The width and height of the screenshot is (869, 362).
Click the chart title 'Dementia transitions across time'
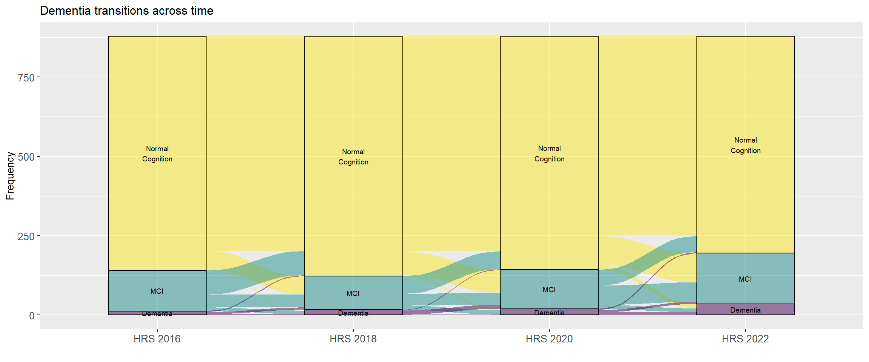coord(127,11)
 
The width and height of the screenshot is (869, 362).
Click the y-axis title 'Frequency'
coord(10,176)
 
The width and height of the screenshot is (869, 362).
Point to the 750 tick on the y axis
coord(26,78)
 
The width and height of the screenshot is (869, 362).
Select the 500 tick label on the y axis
coord(26,157)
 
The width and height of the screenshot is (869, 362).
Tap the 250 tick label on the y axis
coord(26,236)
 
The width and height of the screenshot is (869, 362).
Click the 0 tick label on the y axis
coord(32,316)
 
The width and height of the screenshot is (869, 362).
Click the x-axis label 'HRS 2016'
coord(157,339)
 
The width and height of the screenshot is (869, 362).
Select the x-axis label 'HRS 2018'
coord(353,339)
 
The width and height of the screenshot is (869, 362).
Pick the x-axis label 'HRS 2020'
coord(549,339)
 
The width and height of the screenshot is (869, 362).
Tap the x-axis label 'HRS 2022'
coord(745,339)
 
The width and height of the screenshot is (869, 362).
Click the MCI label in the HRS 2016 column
coord(157,291)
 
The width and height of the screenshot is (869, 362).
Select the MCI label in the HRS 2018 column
coord(353,294)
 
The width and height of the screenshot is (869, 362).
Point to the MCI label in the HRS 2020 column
coord(549,290)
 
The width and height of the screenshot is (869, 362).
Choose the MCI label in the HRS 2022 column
coord(745,279)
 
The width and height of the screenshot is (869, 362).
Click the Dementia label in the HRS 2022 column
coord(745,310)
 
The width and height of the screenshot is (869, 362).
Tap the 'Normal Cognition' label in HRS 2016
coord(157,154)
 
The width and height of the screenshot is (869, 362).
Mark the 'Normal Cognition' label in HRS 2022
coord(745,146)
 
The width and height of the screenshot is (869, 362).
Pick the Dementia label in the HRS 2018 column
coord(353,313)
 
